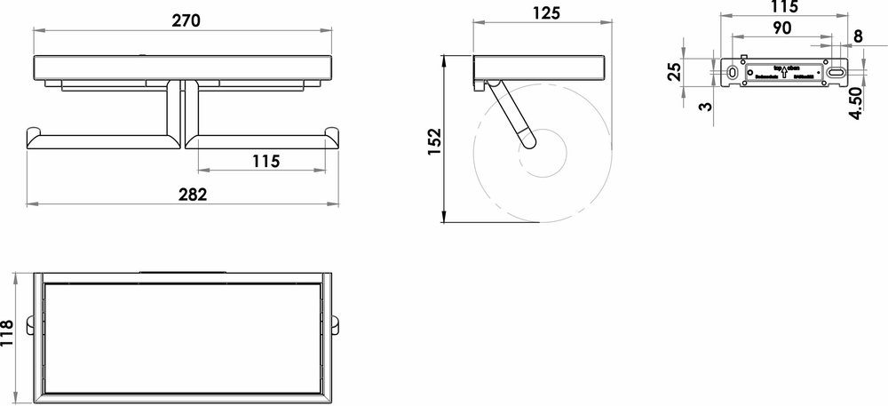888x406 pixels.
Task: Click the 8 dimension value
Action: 857,36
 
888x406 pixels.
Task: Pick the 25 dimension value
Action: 675,72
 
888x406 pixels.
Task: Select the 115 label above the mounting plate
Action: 784,7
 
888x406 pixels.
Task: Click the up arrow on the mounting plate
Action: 783,73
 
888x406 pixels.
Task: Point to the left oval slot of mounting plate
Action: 731,71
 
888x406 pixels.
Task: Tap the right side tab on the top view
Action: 337,322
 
